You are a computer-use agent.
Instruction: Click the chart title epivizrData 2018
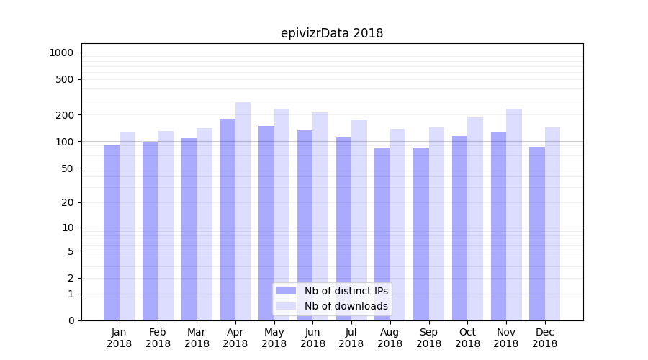click(331, 33)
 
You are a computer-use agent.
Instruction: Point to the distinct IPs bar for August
click(382, 234)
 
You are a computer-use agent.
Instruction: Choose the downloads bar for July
click(359, 220)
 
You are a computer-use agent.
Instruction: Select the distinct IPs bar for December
click(537, 233)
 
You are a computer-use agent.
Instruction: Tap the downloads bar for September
click(436, 224)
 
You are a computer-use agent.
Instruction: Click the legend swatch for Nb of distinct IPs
click(287, 291)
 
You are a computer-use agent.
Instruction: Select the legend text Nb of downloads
click(346, 306)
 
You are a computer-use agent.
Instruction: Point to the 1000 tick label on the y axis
click(61, 53)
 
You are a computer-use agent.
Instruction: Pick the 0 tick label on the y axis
click(71, 320)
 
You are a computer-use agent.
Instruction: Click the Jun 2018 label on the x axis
click(312, 338)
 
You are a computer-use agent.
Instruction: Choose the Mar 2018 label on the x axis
click(197, 338)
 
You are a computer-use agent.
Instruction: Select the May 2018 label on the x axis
click(274, 338)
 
